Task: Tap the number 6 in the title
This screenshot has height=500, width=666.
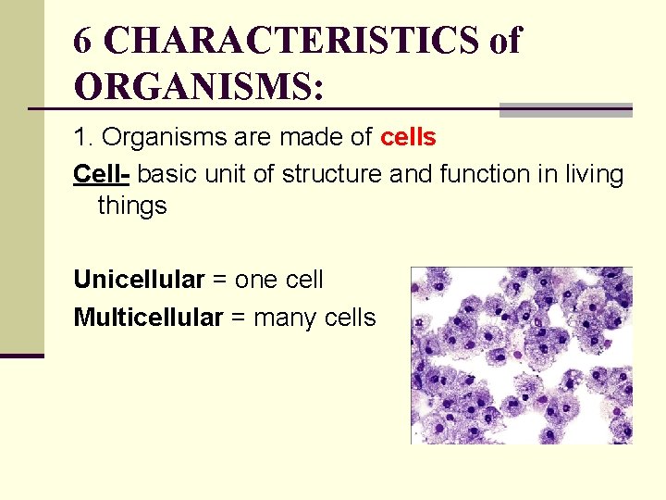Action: tap(83, 41)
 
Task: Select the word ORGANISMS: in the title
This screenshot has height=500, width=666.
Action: tap(199, 86)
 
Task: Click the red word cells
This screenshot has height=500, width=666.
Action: tap(408, 138)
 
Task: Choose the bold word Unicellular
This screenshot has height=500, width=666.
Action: tap(139, 279)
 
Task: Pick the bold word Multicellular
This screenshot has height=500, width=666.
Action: tap(148, 318)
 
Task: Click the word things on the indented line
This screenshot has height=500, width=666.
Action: tap(132, 206)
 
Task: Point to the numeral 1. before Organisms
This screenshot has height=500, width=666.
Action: tap(83, 138)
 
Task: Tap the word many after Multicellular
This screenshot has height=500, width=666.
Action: tap(286, 318)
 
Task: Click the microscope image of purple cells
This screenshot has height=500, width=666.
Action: tap(522, 356)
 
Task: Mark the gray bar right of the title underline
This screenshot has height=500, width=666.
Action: tap(565, 110)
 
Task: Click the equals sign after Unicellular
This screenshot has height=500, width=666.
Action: tap(220, 280)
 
